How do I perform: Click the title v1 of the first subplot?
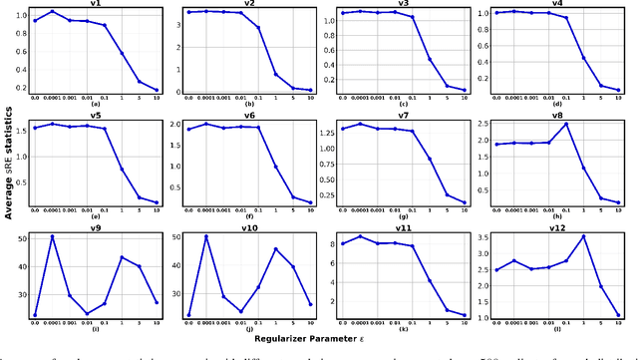95,4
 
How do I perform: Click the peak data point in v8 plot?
565,125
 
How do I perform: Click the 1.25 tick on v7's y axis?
319,130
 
